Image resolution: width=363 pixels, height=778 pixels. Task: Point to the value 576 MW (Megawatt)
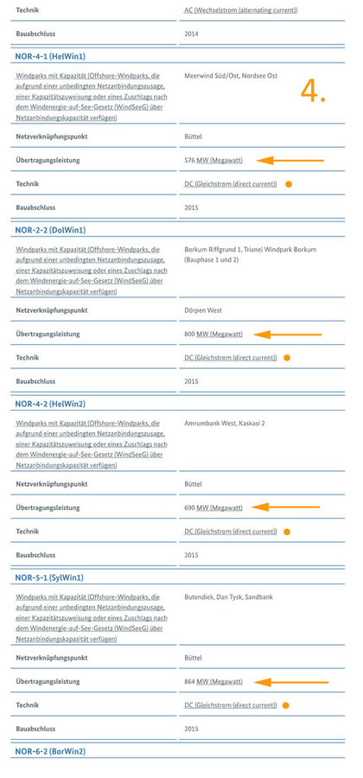click(213, 160)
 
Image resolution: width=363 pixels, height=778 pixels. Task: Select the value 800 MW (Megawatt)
click(213, 334)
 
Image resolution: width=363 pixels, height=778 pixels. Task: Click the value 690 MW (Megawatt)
click(213, 507)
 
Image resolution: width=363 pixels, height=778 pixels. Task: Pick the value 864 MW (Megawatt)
click(213, 681)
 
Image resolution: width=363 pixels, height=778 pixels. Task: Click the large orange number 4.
click(313, 92)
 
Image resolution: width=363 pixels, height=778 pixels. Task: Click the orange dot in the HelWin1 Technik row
click(289, 184)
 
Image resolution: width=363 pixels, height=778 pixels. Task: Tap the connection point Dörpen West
click(203, 309)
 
